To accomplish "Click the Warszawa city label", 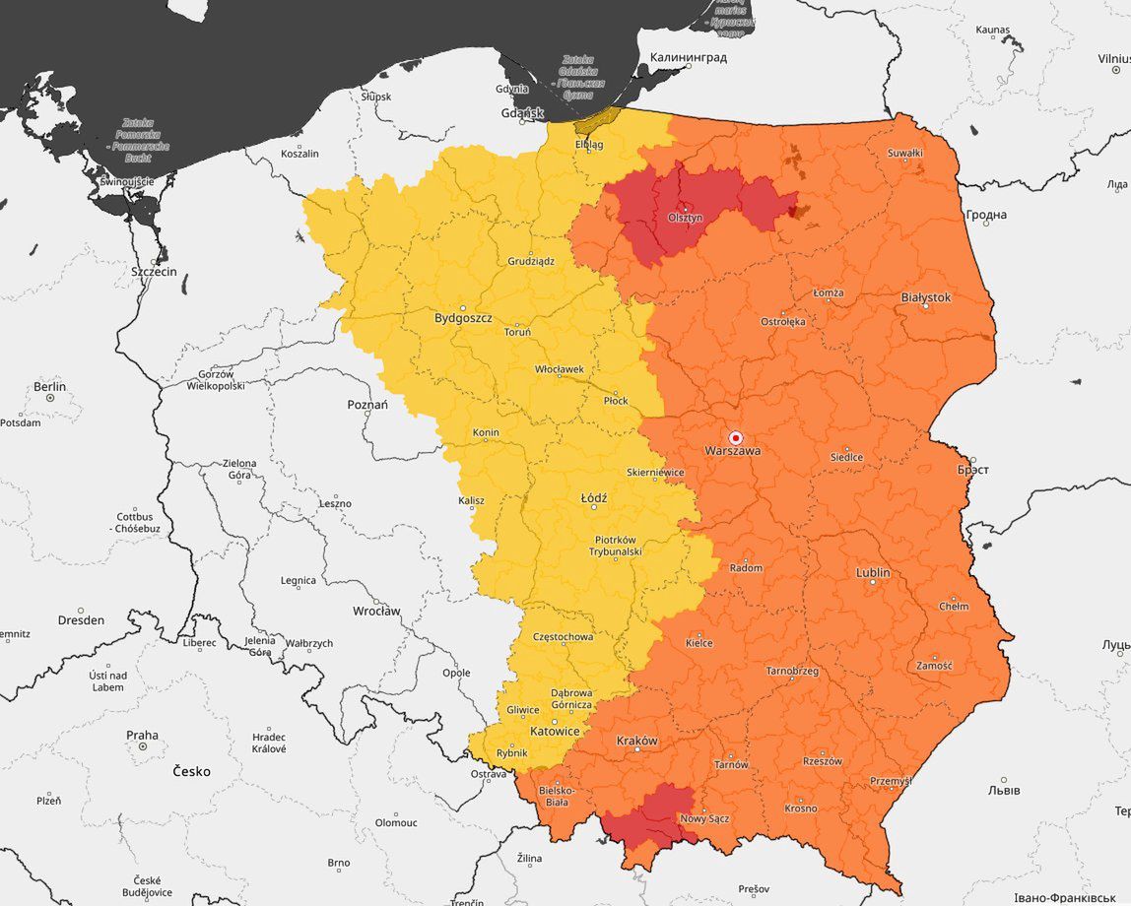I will point(732,451).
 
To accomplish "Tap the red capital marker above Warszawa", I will point(735,437).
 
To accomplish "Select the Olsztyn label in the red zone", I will point(685,218).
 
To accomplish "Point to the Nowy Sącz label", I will point(704,818).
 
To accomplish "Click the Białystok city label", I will point(926,296).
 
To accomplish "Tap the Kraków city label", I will point(636,741).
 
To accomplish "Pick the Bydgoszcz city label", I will point(463,319).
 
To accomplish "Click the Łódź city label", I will point(594,498).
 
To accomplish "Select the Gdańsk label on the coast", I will point(522,113).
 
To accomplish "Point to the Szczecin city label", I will point(155,271).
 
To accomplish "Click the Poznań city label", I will point(367,405).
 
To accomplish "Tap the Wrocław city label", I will point(376,611).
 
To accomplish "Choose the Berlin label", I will point(49,386).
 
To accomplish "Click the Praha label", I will point(142,735).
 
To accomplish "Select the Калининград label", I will point(688,57).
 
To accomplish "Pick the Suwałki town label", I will point(905,153).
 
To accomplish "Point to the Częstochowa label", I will point(563,637).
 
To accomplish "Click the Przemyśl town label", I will point(891,781).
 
